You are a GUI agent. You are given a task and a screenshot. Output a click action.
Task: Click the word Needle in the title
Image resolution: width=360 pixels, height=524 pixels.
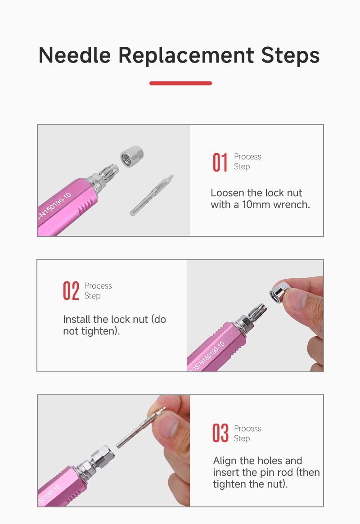click(x=74, y=55)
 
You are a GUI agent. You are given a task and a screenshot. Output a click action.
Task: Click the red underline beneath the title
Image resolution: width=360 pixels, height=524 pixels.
click(x=180, y=83)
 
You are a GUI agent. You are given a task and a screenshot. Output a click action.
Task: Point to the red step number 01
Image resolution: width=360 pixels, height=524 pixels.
click(x=220, y=163)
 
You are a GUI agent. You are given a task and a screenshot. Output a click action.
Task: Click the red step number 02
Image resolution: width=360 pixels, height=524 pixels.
click(x=71, y=291)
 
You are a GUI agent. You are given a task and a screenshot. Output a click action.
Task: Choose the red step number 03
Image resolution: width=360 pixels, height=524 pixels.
click(x=220, y=433)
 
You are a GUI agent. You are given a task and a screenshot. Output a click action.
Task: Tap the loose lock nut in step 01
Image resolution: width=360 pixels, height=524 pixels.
click(x=132, y=156)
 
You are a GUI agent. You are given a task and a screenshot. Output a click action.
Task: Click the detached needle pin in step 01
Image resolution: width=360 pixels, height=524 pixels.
click(x=152, y=195)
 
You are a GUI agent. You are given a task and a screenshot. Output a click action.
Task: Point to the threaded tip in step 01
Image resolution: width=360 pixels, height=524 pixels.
click(x=109, y=173)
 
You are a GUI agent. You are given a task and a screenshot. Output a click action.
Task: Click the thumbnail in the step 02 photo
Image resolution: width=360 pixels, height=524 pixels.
click(x=295, y=299)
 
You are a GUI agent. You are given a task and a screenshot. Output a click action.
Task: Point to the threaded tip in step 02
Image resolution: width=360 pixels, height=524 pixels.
click(x=256, y=313)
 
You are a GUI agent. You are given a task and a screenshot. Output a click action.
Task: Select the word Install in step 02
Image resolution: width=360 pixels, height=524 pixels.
click(x=77, y=320)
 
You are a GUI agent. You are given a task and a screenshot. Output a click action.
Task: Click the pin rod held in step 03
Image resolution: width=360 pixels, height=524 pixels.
click(x=140, y=427)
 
